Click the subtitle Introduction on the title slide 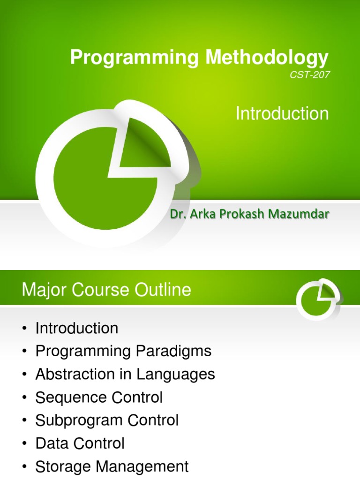click(x=282, y=114)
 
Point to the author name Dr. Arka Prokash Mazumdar click(x=249, y=215)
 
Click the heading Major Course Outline click(x=106, y=290)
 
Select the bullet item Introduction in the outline click(x=77, y=328)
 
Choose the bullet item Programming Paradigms click(x=123, y=351)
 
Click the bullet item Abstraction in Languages click(x=125, y=374)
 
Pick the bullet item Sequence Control click(x=99, y=397)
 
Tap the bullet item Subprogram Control click(x=107, y=420)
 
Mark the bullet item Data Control click(x=80, y=443)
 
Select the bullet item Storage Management click(x=112, y=467)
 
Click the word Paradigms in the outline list click(x=174, y=351)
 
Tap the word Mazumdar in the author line click(x=305, y=215)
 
